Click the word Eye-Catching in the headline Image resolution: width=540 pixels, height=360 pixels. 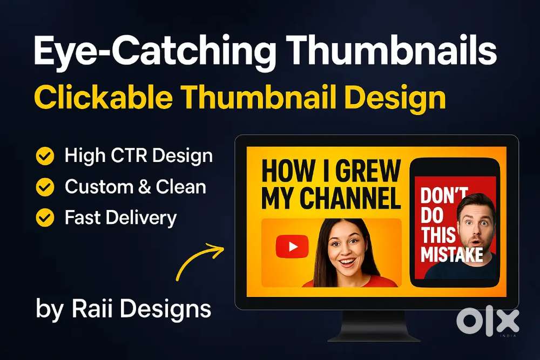click(x=155, y=52)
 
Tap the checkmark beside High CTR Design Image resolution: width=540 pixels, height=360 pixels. click(x=45, y=157)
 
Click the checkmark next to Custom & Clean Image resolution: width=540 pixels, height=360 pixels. click(x=45, y=187)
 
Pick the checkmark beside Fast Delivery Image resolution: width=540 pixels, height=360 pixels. click(x=45, y=218)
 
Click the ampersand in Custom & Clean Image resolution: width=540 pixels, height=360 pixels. click(x=145, y=187)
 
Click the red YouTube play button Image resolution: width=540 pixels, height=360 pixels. click(x=292, y=247)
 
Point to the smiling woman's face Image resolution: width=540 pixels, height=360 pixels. click(x=346, y=249)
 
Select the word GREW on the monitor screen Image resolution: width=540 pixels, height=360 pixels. click(x=368, y=171)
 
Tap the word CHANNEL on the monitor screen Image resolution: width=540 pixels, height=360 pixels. click(x=350, y=198)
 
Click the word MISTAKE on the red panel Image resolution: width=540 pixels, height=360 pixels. click(x=451, y=255)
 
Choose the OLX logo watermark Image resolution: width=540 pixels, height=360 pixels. click(x=488, y=322)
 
